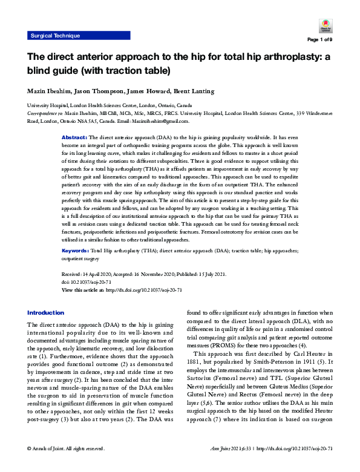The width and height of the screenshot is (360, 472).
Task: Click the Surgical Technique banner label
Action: point(55,36)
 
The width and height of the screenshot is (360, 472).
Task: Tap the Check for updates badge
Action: point(324,27)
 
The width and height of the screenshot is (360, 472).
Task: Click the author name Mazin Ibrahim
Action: point(48,91)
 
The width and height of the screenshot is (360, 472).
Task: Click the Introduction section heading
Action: point(45,312)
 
